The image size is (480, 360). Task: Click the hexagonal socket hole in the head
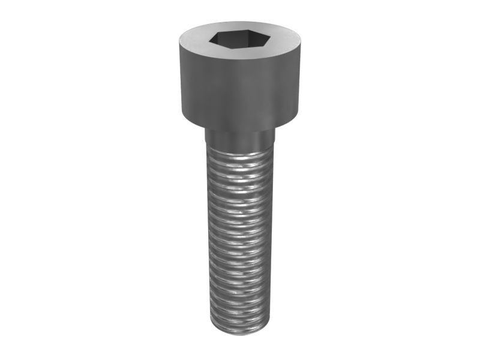[x=238, y=40]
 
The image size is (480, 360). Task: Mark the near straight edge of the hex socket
[x=238, y=47]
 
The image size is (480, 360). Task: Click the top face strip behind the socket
[x=238, y=27]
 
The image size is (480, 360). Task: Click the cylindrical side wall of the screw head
[x=238, y=90]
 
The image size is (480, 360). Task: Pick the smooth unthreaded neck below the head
[x=239, y=139]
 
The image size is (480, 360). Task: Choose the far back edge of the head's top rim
[x=239, y=22]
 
